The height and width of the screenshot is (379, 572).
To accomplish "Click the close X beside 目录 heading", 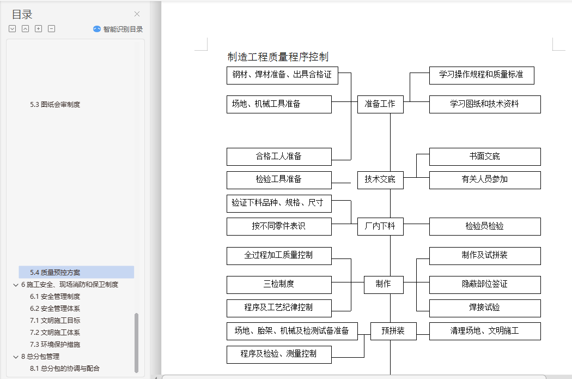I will pos(137,14).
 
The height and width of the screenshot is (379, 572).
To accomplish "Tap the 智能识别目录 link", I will pos(118,29).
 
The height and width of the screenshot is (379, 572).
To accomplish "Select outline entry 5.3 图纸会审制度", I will pos(55,104).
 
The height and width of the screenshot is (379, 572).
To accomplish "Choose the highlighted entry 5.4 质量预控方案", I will pos(56,272).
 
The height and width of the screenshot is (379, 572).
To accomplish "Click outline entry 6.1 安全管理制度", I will pos(55,296).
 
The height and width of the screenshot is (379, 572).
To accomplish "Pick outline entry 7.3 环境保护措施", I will pos(55,344).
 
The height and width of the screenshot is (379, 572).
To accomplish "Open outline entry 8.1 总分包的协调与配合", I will pos(65,368).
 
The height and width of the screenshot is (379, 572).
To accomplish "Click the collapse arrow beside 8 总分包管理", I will pos(15,357).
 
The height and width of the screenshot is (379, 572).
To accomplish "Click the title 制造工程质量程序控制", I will pos(278,57).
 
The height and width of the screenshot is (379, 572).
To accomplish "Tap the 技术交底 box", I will pos(380,179).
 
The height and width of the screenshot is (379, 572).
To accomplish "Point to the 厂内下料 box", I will pos(380,226).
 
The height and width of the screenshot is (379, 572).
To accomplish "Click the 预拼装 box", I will pos(393,330).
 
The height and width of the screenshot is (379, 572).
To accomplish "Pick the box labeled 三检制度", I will pos(279,284).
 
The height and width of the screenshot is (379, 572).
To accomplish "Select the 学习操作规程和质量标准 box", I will pos(481,75).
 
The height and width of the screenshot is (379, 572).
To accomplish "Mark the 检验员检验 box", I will pos(484,226).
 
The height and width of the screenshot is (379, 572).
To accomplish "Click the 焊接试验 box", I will pos(484,308).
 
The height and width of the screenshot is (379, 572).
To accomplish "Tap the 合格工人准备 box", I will pos(279,157).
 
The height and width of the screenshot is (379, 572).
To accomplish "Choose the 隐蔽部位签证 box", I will pos(484,284).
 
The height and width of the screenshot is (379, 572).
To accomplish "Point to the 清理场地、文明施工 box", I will pos(484,330).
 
